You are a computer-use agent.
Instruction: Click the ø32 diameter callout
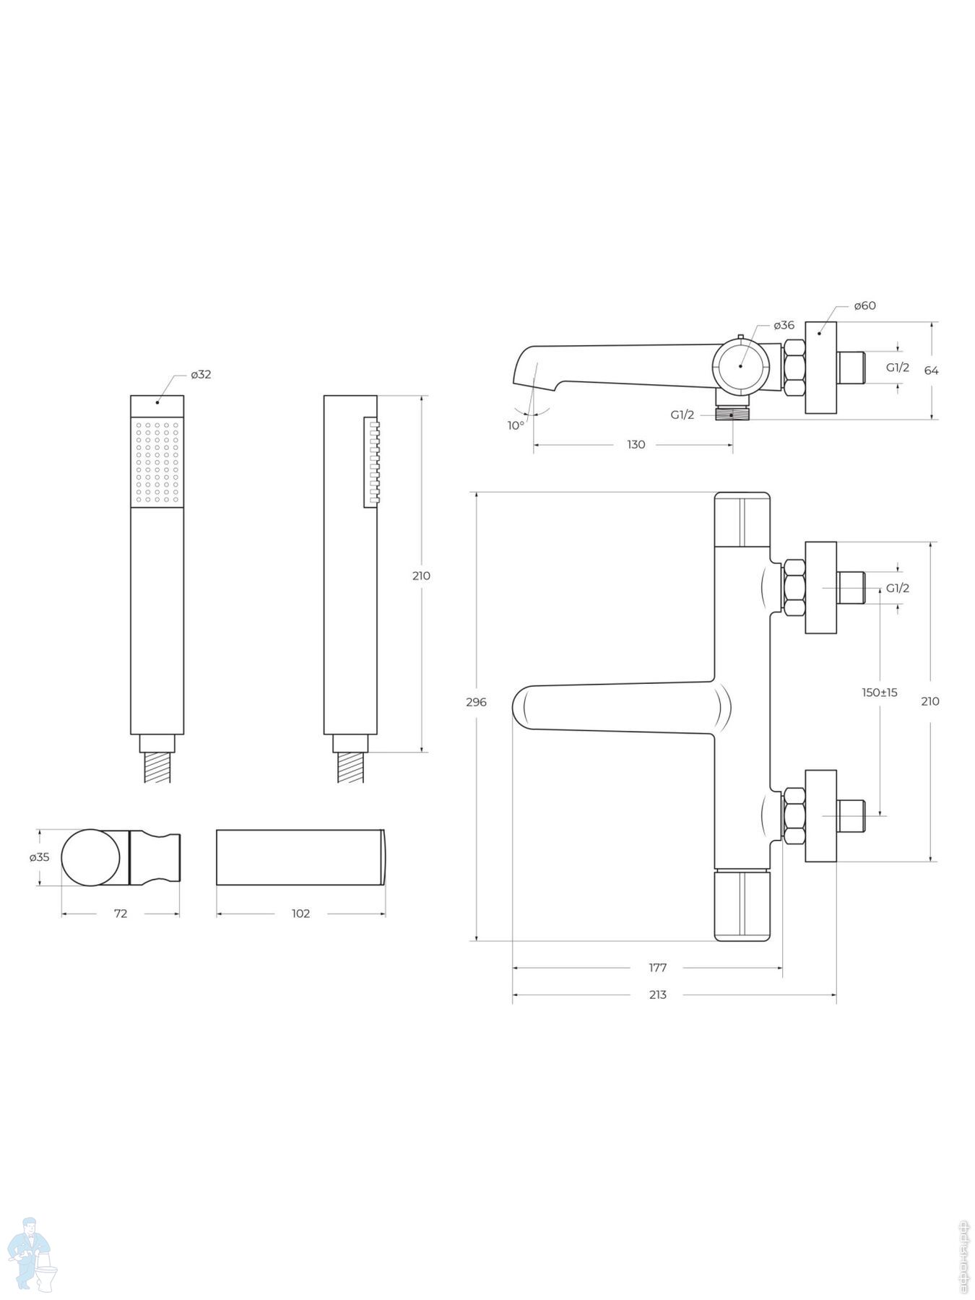point(201,374)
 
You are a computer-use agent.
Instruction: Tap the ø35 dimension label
point(39,857)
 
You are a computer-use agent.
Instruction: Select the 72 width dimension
point(121,914)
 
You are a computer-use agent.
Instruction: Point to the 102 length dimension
point(300,914)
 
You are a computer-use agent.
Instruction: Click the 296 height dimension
point(477,702)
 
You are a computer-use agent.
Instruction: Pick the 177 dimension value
point(658,968)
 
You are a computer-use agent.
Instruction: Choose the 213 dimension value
point(658,994)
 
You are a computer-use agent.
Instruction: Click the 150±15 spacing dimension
point(880,693)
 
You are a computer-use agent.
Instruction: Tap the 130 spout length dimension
point(636,445)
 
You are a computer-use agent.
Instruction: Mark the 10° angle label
point(516,425)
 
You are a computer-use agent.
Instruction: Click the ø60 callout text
point(864,305)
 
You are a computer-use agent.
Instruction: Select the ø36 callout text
point(784,325)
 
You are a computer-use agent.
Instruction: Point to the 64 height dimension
point(932,370)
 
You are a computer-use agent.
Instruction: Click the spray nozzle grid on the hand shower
point(157,462)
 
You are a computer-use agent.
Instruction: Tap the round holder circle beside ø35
point(90,857)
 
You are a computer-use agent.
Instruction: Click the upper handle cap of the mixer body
point(742,520)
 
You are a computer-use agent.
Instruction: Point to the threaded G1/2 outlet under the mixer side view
point(733,415)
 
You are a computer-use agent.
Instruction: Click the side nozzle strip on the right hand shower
point(371,462)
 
